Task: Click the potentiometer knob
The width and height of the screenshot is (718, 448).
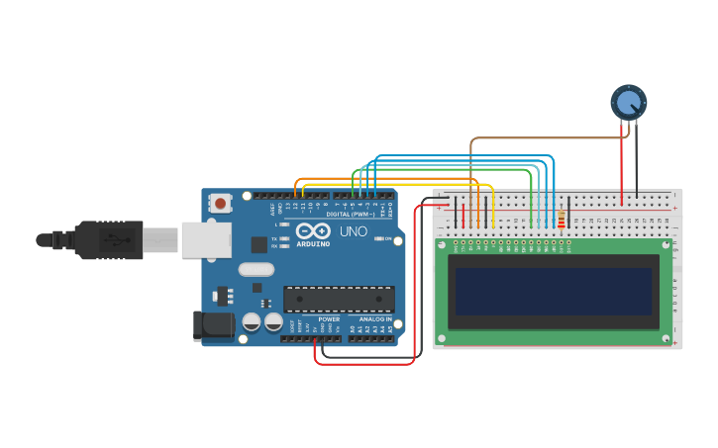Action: pos(628,103)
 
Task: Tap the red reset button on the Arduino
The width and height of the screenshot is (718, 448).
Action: pos(220,204)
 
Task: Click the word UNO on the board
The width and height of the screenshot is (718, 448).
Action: pos(354,231)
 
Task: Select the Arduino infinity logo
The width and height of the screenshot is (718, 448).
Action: pos(313,230)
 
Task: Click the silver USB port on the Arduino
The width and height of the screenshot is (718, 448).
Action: pos(207,239)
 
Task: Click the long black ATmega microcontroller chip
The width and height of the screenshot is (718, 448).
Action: pos(339,299)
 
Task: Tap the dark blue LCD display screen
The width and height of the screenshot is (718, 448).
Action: pos(554,292)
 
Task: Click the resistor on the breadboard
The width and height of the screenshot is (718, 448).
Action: pos(562,221)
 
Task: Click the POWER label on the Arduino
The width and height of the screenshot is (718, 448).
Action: pos(329,319)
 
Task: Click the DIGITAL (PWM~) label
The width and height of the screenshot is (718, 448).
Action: pos(350,215)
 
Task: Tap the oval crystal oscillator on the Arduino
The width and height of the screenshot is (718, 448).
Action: pos(256,269)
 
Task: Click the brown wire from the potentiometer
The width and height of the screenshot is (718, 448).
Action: pos(535,138)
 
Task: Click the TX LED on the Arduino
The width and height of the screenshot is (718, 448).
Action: pos(285,238)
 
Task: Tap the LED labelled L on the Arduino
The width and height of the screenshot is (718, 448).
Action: pos(285,225)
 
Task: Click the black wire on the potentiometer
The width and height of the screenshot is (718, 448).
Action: pos(637,158)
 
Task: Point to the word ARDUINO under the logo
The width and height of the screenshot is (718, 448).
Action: pos(313,243)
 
